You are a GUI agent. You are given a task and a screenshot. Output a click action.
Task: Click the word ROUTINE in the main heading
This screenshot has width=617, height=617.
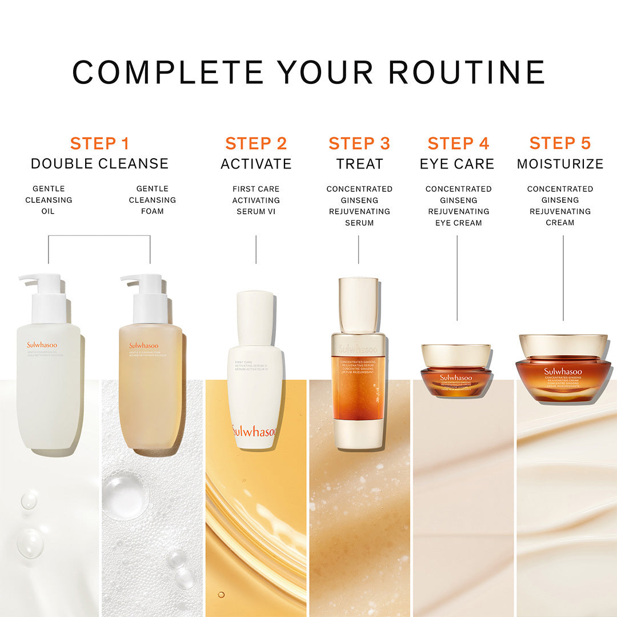pyautogui.click(x=466, y=73)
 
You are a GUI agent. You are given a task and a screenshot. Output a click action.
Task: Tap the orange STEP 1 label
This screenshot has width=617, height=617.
pyautogui.click(x=99, y=143)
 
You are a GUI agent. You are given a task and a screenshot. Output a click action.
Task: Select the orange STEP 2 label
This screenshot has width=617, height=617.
pyautogui.click(x=256, y=143)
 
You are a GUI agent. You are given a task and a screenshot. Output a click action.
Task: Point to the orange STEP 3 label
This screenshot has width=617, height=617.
pyautogui.click(x=359, y=143)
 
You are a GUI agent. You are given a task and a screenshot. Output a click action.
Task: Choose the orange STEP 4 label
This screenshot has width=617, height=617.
pyautogui.click(x=458, y=143)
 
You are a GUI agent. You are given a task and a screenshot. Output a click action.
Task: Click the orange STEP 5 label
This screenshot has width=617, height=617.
pyautogui.click(x=560, y=143)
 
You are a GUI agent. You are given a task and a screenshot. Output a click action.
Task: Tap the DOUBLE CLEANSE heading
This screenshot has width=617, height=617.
pyautogui.click(x=99, y=164)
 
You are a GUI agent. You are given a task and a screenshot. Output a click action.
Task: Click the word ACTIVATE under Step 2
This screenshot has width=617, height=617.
pyautogui.click(x=256, y=164)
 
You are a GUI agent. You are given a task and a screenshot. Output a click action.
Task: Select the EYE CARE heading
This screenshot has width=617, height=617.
pyautogui.click(x=457, y=164)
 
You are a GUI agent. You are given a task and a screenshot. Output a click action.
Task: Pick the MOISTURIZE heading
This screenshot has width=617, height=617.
pyautogui.click(x=560, y=164)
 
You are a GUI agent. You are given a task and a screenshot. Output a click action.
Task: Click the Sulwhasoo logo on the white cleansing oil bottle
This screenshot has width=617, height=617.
pyautogui.click(x=44, y=345)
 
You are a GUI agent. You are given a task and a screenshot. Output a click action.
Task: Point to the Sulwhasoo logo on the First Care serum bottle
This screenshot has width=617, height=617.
pyautogui.click(x=254, y=431)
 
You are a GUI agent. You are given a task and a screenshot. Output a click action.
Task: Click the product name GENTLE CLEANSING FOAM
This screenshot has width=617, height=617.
pyautogui.click(x=152, y=200)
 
